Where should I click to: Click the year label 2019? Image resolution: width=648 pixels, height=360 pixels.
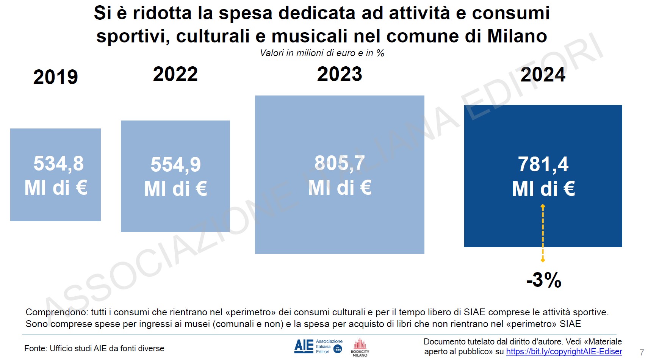click(x=56, y=77)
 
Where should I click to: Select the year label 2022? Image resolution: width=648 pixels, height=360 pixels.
click(x=175, y=74)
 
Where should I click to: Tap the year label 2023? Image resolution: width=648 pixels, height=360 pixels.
click(x=340, y=74)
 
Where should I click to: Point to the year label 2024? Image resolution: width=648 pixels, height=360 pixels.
click(x=543, y=75)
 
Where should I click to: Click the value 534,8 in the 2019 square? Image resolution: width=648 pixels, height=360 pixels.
click(x=58, y=164)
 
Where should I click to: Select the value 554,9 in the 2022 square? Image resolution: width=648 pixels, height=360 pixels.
click(x=175, y=165)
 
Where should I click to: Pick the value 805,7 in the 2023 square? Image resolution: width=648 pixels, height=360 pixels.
click(x=340, y=164)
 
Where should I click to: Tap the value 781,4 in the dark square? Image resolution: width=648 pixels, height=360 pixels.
click(x=543, y=164)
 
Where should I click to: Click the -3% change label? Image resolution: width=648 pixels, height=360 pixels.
click(x=544, y=280)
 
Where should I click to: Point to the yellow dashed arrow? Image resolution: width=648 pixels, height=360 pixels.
click(x=543, y=233)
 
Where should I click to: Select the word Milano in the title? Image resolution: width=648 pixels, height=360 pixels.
click(x=517, y=36)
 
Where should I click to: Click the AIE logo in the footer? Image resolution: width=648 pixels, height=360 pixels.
click(x=304, y=346)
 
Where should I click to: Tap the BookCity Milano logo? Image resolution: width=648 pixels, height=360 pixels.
click(x=360, y=347)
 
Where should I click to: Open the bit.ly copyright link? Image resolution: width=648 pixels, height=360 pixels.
click(x=564, y=352)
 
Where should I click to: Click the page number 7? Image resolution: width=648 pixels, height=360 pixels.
click(x=642, y=352)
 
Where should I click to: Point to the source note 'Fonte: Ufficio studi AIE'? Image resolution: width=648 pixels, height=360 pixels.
click(x=94, y=349)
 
